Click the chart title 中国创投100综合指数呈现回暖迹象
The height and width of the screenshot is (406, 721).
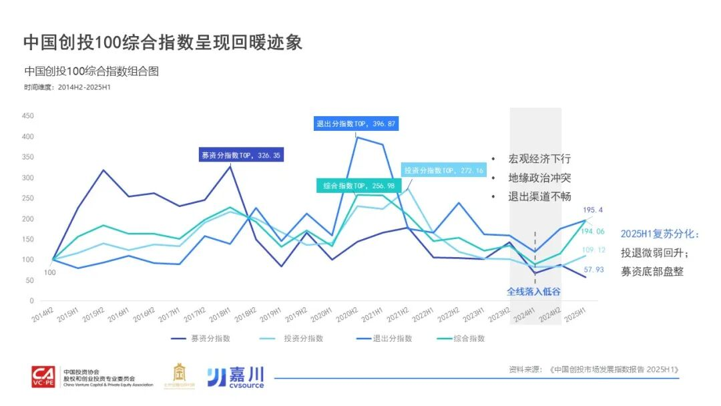coord(163,42)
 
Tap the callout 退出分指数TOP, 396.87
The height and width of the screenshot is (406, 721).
coord(356,124)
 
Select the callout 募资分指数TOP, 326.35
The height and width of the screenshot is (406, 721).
coord(241,155)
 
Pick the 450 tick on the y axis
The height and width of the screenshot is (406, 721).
coord(27,116)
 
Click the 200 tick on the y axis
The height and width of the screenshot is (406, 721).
coord(27,218)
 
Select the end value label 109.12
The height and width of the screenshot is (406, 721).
coord(594,250)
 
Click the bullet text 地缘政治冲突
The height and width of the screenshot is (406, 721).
coord(539,178)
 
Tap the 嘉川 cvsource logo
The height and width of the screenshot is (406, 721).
coord(236,377)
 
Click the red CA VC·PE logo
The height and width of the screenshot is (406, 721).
coord(45,377)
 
